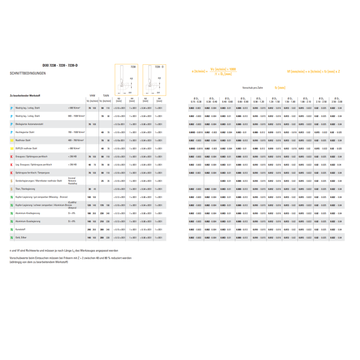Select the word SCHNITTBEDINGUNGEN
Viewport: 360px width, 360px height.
tap(27, 73)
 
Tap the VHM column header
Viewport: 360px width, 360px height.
tap(92, 95)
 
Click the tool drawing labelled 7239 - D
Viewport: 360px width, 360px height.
tap(154, 79)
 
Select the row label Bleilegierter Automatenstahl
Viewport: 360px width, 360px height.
tap(29, 124)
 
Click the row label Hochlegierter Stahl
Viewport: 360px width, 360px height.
tap(26, 132)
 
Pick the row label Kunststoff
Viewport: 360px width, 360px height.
tap(21, 229)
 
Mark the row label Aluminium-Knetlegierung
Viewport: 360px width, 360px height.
tap(27, 213)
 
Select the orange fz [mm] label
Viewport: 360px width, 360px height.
tap(280, 87)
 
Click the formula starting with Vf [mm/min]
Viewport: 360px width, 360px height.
tap(313, 71)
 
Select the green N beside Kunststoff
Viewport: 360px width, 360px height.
tap(11, 229)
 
